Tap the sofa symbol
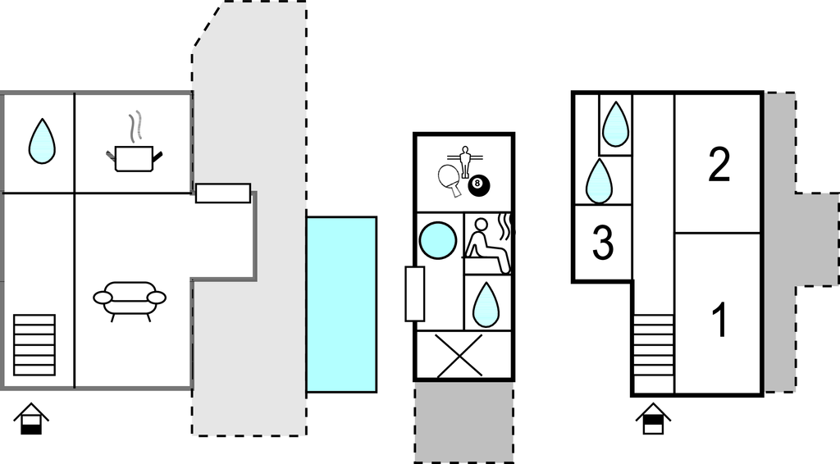click(130, 301)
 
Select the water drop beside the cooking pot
click(42, 141)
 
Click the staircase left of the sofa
click(34, 345)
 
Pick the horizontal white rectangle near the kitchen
click(223, 193)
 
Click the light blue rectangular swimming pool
click(342, 304)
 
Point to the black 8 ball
click(479, 185)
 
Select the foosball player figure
click(465, 161)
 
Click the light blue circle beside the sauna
click(438, 240)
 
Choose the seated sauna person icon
click(487, 245)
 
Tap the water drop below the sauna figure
click(487, 304)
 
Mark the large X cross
click(459, 356)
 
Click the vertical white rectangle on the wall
click(414, 293)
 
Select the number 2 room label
click(719, 165)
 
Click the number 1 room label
click(721, 320)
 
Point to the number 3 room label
click(603, 243)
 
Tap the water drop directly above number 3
click(599, 181)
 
